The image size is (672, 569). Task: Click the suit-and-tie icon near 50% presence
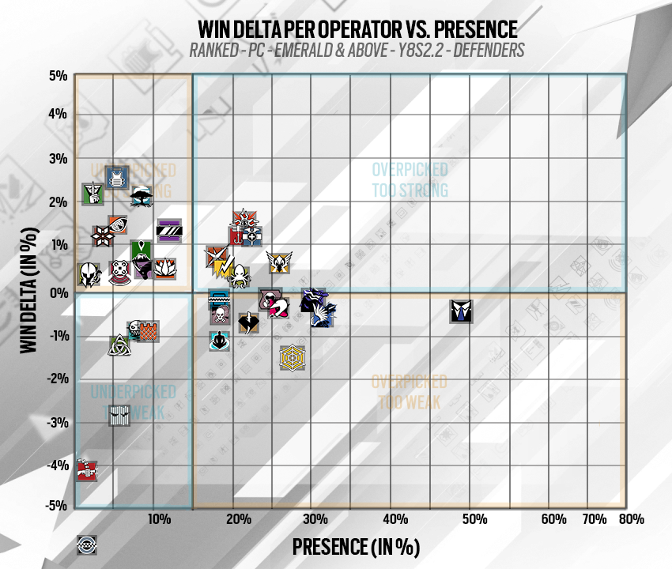[461, 311]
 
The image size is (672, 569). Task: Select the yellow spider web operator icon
[292, 358]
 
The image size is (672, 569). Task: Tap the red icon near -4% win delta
[86, 471]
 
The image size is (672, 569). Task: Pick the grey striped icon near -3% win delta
[119, 415]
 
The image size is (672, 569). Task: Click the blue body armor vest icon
[116, 177]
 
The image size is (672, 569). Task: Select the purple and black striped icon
[169, 230]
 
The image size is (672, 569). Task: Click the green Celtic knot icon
[119, 345]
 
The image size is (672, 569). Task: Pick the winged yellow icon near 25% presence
[278, 261]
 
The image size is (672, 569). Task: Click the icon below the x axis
[87, 545]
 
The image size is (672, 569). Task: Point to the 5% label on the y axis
[58, 77]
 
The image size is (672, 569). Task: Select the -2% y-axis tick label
[56, 379]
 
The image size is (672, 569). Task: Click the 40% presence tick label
[395, 519]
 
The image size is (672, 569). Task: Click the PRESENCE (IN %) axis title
[355, 546]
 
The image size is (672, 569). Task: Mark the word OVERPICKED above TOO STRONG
[410, 169]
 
